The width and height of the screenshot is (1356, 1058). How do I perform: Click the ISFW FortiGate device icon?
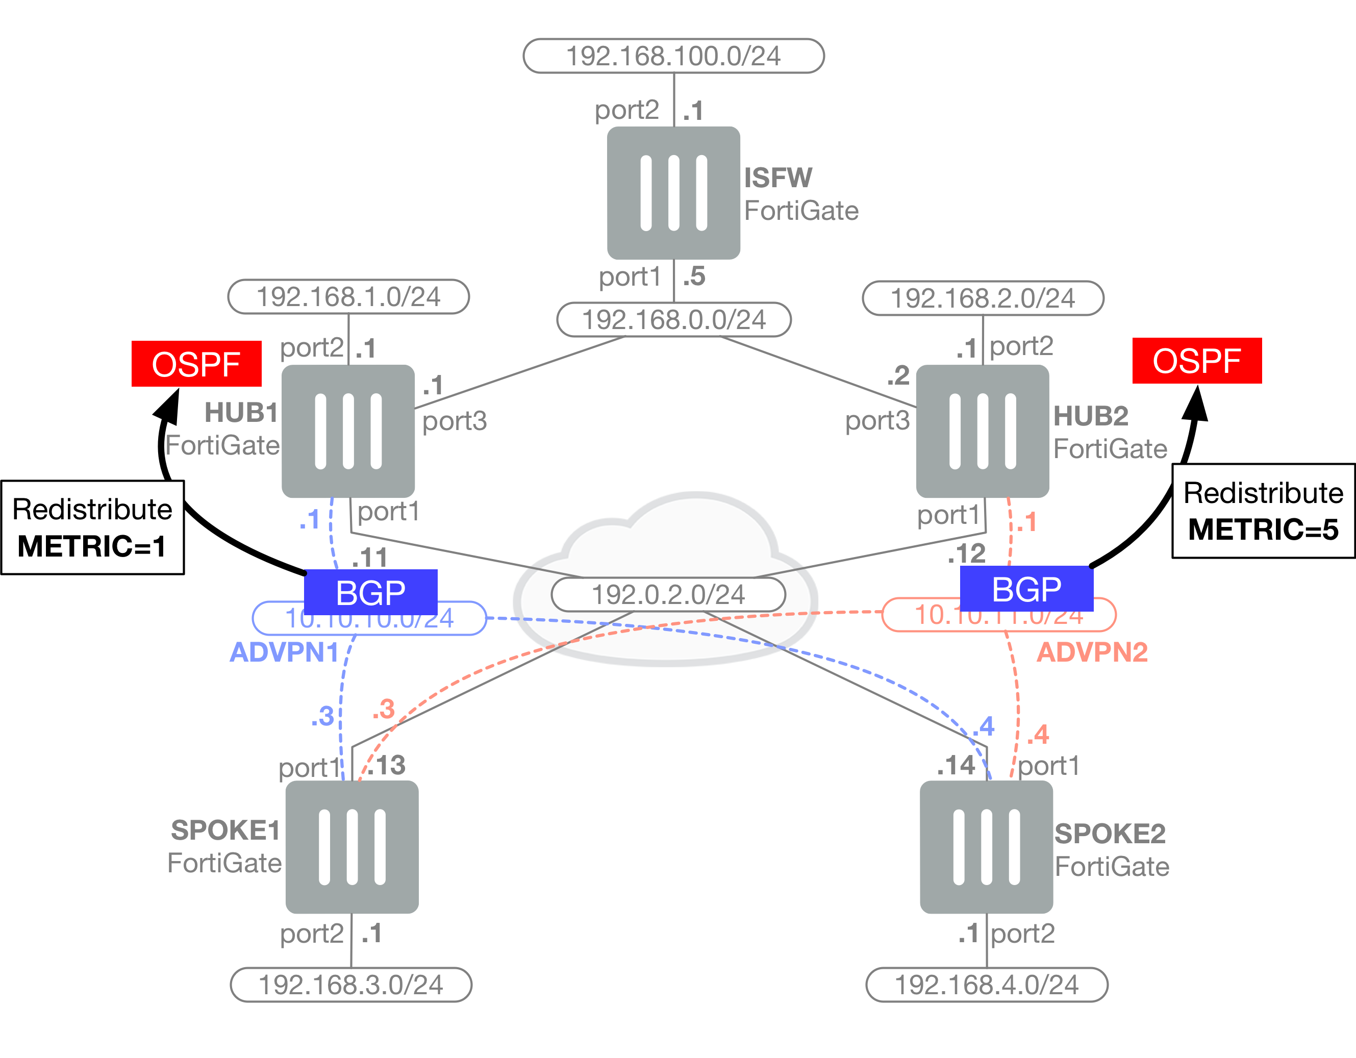(x=673, y=193)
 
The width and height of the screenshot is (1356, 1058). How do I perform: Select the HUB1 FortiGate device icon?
(x=348, y=431)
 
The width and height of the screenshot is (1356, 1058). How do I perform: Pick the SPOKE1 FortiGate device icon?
(x=351, y=846)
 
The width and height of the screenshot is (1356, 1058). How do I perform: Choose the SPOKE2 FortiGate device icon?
(x=986, y=846)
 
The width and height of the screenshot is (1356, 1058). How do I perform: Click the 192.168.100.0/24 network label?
(x=673, y=56)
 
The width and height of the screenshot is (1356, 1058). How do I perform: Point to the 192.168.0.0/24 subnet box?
(x=673, y=320)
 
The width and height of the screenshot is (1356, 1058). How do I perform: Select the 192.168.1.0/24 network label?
(x=348, y=297)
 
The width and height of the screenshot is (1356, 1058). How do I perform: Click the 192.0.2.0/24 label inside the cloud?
(x=668, y=594)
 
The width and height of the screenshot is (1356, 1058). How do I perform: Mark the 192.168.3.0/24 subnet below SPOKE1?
(x=351, y=985)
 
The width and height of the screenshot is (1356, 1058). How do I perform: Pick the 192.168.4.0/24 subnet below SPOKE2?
(x=987, y=985)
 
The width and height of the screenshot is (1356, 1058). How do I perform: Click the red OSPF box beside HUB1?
(x=196, y=364)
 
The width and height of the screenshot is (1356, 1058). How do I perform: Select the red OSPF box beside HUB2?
(x=1196, y=361)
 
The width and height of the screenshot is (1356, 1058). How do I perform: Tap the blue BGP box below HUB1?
(x=371, y=592)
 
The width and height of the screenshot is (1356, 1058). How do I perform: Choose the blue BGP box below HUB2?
(x=1026, y=589)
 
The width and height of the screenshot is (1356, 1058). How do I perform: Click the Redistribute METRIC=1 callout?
(x=92, y=527)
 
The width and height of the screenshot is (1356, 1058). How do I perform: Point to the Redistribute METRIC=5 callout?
(x=1263, y=510)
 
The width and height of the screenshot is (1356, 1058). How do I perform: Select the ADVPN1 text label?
(x=284, y=652)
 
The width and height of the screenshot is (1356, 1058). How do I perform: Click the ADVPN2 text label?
(x=1092, y=652)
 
